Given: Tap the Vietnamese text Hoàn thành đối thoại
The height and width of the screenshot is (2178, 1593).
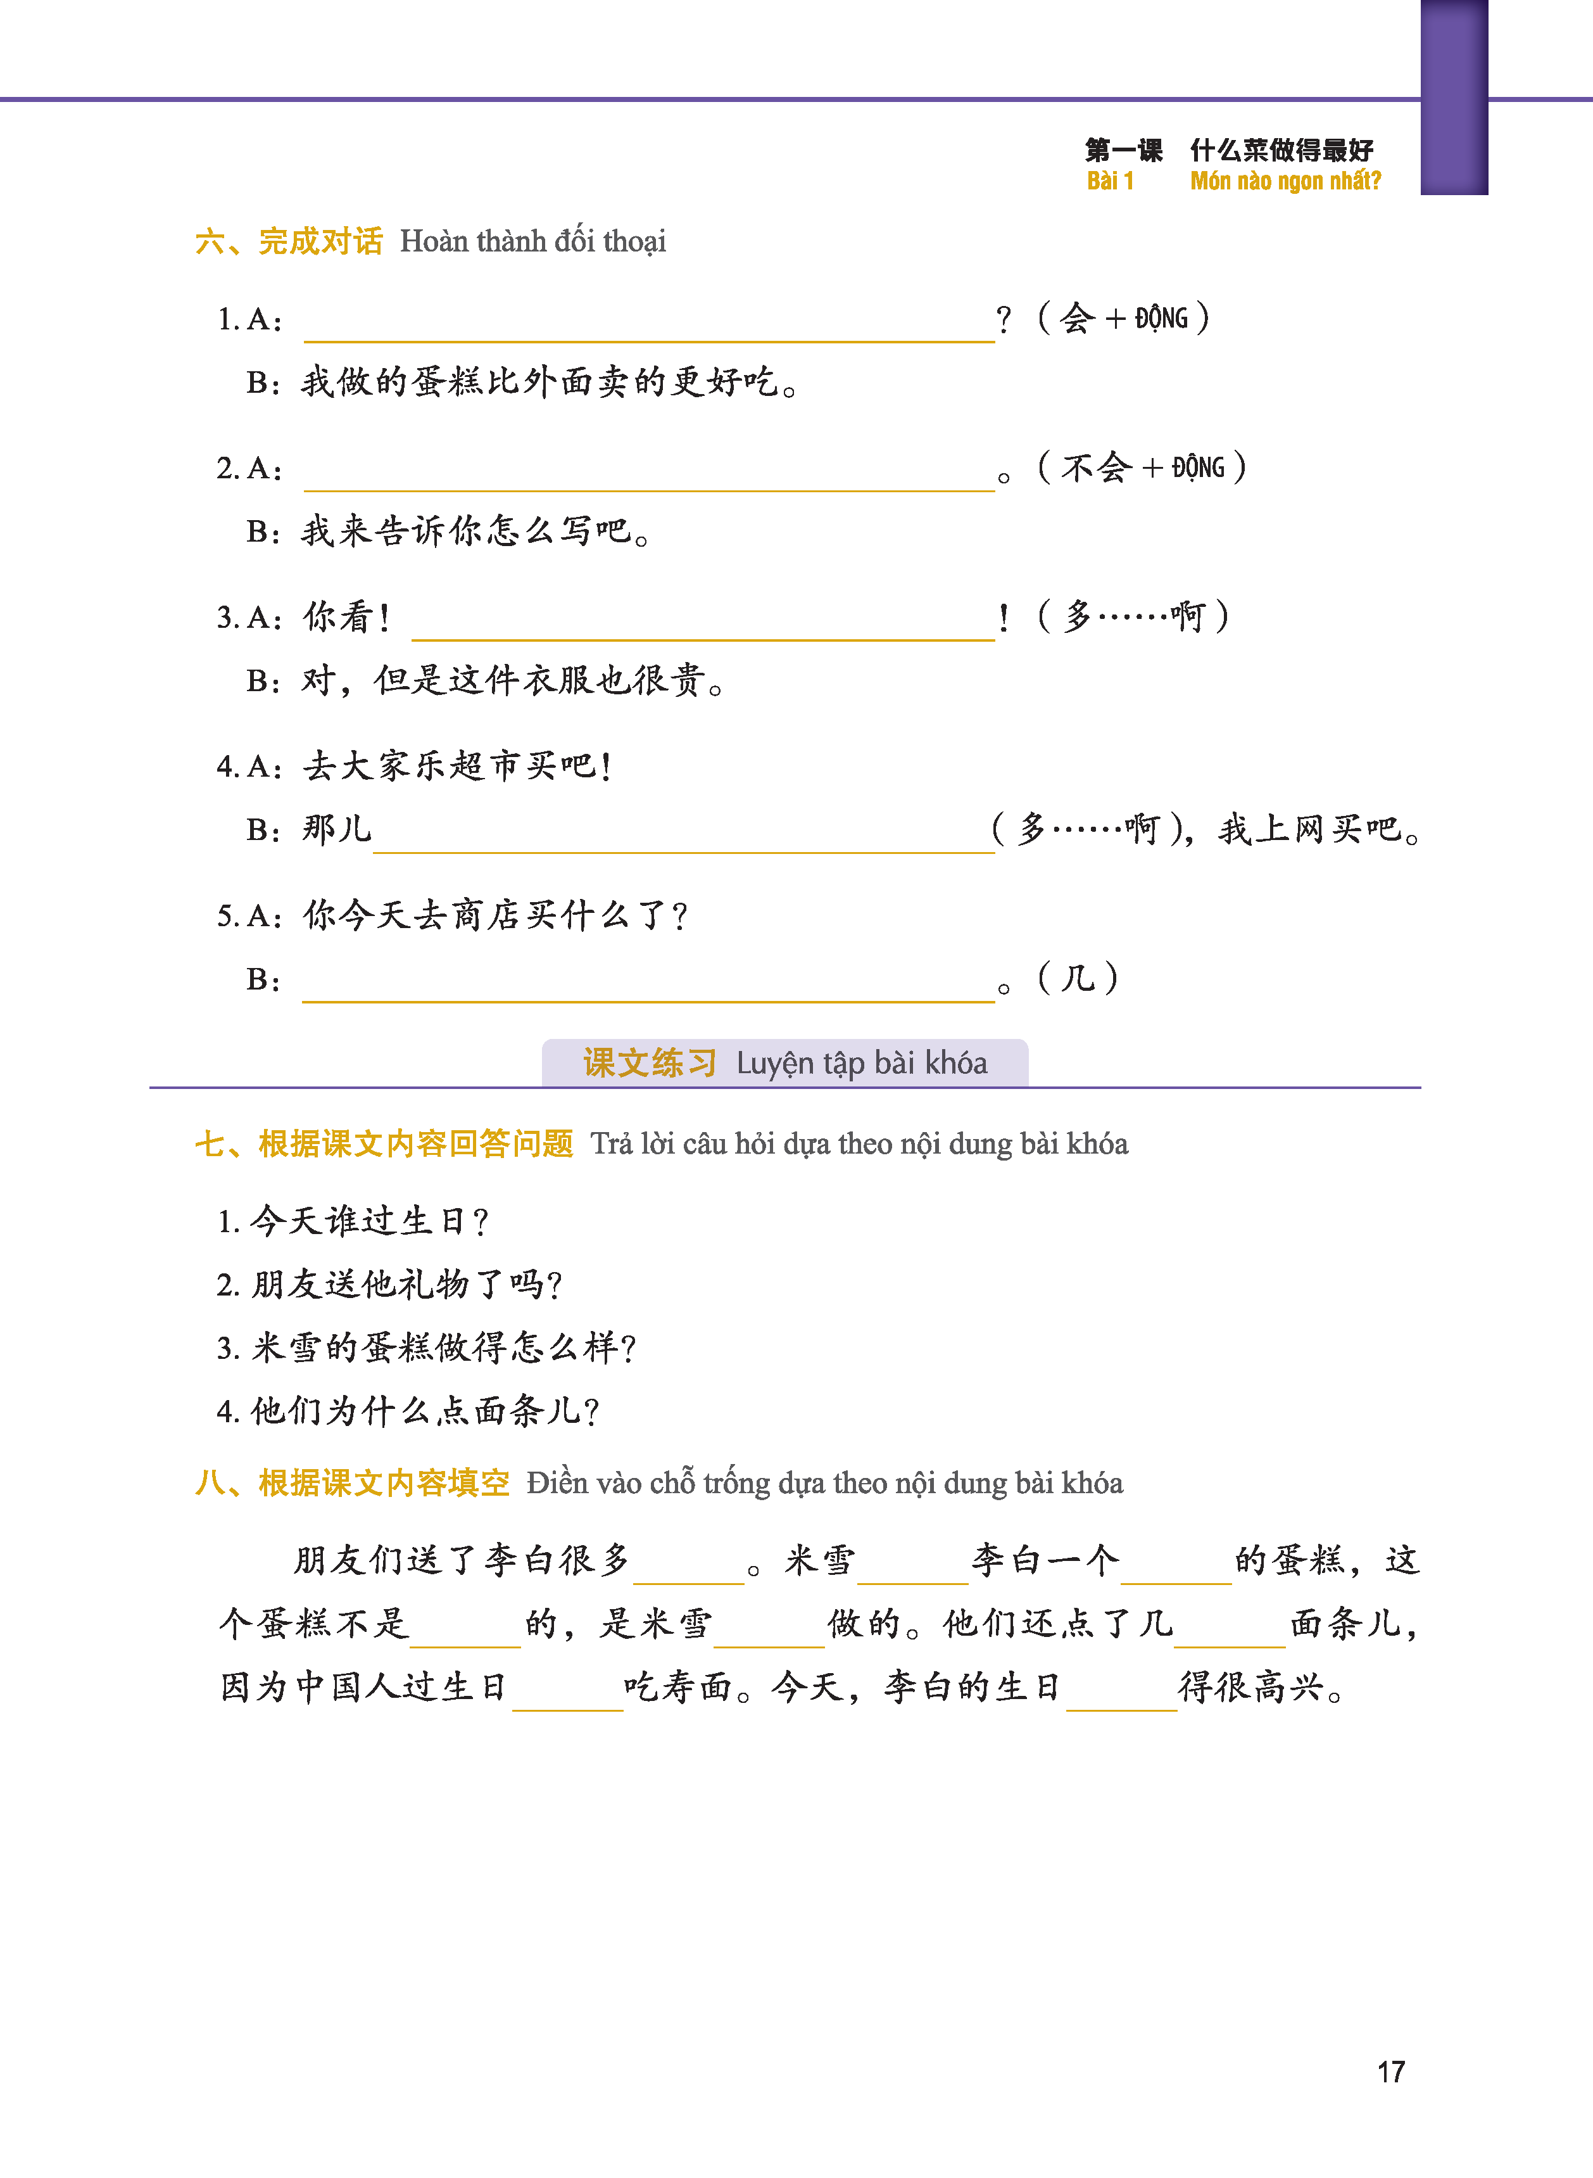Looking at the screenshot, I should click(x=532, y=241).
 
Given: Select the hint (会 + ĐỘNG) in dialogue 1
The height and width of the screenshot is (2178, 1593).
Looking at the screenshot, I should click(x=1123, y=317).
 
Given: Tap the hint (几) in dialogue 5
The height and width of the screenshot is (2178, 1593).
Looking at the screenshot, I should click(x=1077, y=979).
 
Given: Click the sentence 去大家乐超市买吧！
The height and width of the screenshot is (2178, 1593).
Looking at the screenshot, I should click(x=457, y=766).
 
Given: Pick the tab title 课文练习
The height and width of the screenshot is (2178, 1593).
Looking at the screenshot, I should click(x=649, y=1063).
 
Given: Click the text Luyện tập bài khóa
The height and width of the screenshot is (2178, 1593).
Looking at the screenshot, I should click(x=861, y=1063).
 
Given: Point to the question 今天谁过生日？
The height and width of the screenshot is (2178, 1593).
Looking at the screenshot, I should click(x=353, y=1221).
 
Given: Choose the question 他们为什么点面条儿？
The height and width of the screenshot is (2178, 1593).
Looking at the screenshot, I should click(x=408, y=1411).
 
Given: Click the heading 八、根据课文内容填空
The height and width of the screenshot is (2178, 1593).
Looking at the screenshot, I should click(x=352, y=1482).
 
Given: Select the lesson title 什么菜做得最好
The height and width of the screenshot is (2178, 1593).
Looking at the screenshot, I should click(x=1281, y=150).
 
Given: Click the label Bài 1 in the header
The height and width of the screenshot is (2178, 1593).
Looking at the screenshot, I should click(x=1110, y=181).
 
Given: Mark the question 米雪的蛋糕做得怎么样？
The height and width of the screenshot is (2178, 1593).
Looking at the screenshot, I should click(x=426, y=1347).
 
